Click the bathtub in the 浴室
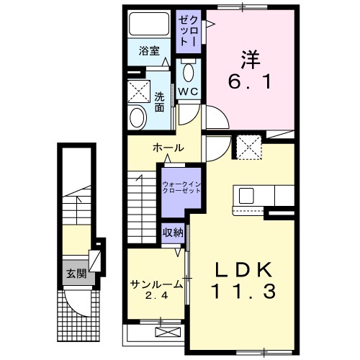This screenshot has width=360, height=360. tap(149, 24)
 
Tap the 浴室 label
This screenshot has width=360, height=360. tap(149, 51)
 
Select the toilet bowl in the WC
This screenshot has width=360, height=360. tap(189, 71)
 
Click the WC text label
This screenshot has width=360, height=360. tap(189, 91)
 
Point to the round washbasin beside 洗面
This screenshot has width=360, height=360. tap(138, 117)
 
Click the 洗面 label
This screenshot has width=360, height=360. tap(159, 102)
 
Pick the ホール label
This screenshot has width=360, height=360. tap(168, 148)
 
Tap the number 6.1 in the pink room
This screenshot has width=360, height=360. tap(250, 81)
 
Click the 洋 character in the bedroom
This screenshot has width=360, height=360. tap(251, 59)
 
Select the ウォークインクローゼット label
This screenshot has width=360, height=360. tap(181, 187)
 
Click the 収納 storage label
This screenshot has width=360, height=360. tap(173, 233)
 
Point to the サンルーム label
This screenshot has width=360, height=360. tap(157, 285)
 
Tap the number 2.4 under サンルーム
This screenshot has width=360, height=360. tap(156, 296)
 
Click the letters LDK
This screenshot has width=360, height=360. tap(243, 270)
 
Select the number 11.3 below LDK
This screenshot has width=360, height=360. tap(243, 291)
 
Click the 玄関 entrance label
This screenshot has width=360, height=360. tap(76, 274)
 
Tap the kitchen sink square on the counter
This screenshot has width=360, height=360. tap(246, 196)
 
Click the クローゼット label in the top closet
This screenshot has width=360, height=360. tap(189, 31)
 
